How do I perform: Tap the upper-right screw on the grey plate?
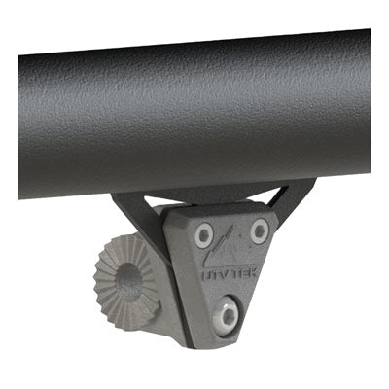(259, 231)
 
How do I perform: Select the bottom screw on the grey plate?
(228, 313)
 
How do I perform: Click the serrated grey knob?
(126, 278)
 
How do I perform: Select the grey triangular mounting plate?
(230, 272)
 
